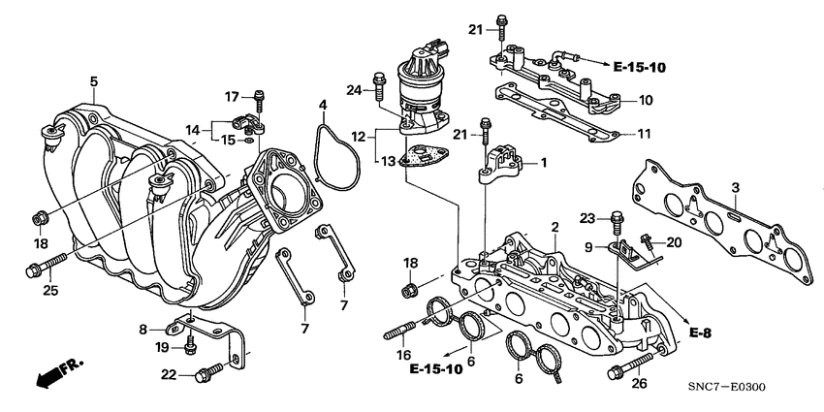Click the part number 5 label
point(94,81)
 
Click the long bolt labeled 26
point(629,368)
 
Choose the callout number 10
point(646,100)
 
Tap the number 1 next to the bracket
point(544,163)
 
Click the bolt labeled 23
point(616,220)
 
